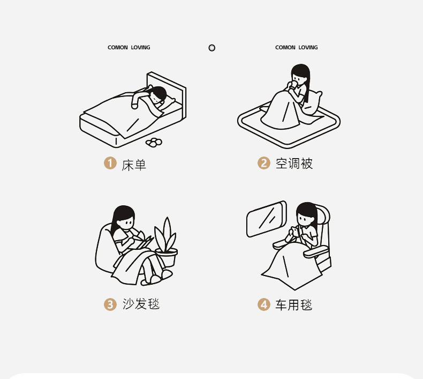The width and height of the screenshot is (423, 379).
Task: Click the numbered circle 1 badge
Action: [110, 164]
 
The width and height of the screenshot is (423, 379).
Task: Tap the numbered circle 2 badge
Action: [263, 163]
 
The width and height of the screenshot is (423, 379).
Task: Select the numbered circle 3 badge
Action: [110, 304]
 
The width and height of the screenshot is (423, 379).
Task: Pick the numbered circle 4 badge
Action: [263, 304]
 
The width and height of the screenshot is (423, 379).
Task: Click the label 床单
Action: [134, 165]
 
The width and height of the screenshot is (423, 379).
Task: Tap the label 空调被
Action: [294, 164]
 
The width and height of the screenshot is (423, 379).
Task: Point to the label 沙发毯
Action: [141, 304]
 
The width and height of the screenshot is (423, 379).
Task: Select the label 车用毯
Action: [294, 305]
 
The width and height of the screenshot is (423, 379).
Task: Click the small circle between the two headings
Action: [212, 48]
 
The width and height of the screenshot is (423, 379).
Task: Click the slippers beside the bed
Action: [154, 143]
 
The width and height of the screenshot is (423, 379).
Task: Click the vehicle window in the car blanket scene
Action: [266, 219]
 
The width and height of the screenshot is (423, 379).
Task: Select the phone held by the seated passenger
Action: [296, 232]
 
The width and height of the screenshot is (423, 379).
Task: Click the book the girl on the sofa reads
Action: [143, 242]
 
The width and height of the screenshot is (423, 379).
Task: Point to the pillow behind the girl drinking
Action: [312, 102]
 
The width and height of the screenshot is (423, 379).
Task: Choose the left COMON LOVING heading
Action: [129, 48]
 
